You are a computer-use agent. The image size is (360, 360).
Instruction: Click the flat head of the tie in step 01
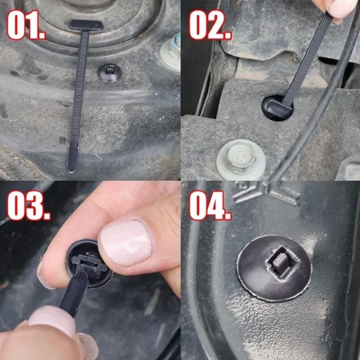point(85,25)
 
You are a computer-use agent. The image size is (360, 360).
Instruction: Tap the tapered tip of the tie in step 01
point(72,157)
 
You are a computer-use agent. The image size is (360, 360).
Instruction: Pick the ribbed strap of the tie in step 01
point(81,90)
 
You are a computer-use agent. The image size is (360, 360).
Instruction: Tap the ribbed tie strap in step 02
point(306,58)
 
